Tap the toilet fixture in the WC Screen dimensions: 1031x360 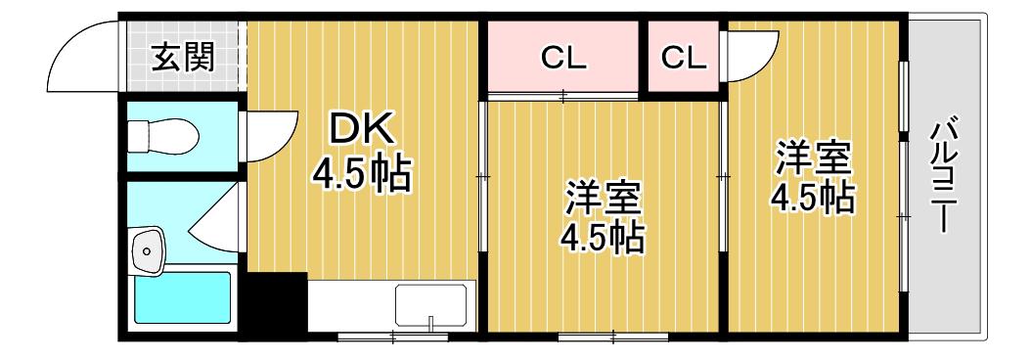coord(163,136)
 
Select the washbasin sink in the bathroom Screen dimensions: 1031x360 coord(148,250)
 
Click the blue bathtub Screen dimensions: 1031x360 coord(183,297)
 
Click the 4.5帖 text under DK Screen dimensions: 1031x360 coord(362,174)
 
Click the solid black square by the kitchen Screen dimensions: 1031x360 coord(276,302)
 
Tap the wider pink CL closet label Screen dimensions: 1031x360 coord(562,59)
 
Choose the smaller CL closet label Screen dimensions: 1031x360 coord(684,59)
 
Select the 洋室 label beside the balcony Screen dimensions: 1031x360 coord(814,157)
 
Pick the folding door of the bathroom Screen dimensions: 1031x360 coord(215,216)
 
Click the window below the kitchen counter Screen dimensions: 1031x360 coord(392,337)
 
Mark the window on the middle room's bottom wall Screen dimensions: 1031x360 coord(611,337)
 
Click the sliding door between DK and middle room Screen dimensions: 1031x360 coord(482,176)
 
